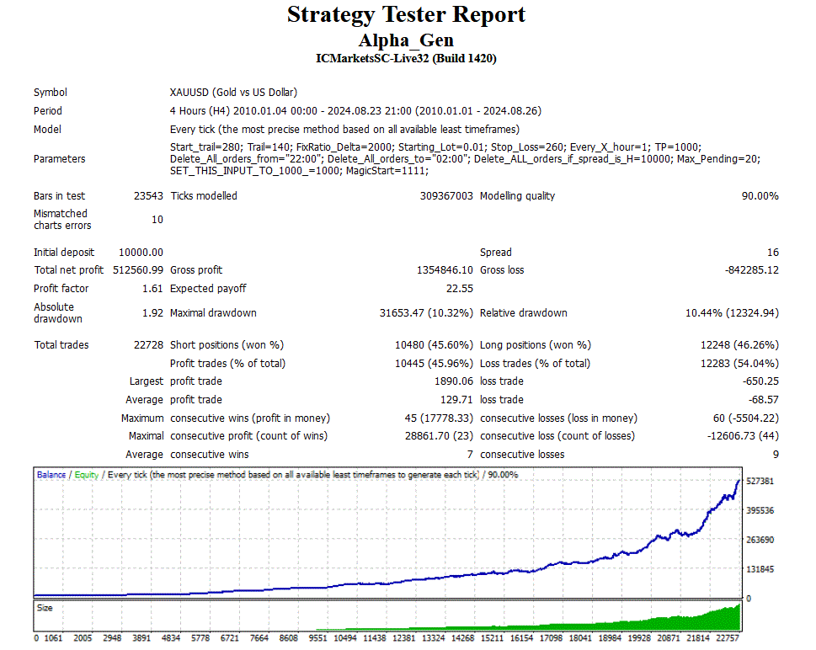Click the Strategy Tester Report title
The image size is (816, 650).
[x=406, y=14]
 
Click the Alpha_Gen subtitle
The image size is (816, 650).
[x=406, y=40]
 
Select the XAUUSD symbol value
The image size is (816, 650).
[x=233, y=93]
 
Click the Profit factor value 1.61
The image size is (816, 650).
[x=152, y=289]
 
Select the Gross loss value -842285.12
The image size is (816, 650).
[x=752, y=270]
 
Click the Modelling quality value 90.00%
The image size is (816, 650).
[x=757, y=196]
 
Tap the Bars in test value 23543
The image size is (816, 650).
[x=148, y=196]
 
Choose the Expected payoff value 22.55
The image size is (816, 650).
[x=459, y=289]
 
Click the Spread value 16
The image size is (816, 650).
[x=773, y=253]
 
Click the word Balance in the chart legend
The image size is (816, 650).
[x=51, y=475]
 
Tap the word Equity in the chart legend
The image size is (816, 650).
[x=86, y=475]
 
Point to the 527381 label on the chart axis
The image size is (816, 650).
[x=760, y=481]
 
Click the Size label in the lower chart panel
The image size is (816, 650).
[x=44, y=607]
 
